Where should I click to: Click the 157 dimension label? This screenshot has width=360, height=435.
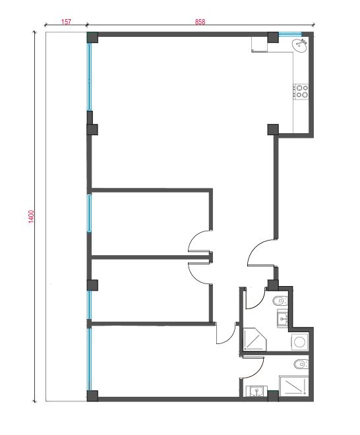coord(66,22)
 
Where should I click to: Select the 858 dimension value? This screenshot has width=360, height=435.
coord(200,22)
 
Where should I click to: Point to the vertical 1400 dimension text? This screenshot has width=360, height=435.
coord(32,216)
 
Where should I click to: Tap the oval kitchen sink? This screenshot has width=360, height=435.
coord(300,45)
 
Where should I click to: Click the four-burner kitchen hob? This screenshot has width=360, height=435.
coord(301,92)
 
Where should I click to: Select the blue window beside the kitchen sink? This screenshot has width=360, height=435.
coord(289,34)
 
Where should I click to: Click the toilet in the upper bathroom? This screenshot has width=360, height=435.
coord(280,301)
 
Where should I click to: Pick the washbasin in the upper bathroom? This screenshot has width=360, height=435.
coord(283,318)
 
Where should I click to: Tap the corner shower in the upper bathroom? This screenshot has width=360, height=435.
coord(255,339)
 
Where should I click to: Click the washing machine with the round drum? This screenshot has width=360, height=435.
coord(300,341)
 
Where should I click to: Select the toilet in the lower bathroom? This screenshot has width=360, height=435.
coord(301,364)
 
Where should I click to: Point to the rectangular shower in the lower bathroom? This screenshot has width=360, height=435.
coord(294,386)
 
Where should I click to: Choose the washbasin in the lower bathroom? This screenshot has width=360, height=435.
coord(256,391)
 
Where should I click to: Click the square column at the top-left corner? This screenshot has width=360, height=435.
coord(92,38)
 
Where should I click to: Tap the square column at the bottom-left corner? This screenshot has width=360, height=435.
coord(92,396)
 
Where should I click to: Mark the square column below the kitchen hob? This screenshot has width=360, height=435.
coord(273,130)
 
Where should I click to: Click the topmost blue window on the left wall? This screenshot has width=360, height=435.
coord(90,77)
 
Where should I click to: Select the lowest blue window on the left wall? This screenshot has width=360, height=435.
coord(90,359)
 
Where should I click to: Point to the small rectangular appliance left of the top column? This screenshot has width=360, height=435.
coord(260,44)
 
